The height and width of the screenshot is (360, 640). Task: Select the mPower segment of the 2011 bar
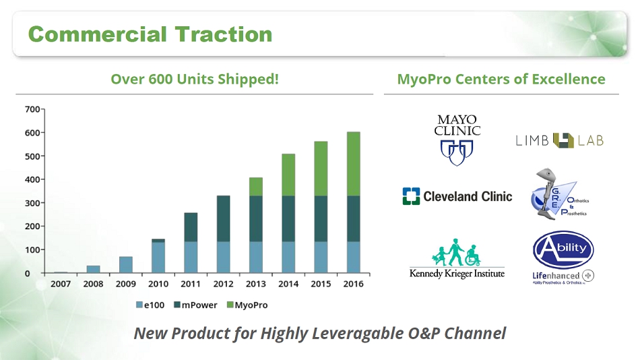(191, 227)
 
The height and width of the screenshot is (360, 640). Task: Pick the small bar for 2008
(93, 270)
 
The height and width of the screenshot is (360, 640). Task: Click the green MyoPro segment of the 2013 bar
(256, 187)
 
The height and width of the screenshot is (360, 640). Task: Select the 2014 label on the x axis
(288, 284)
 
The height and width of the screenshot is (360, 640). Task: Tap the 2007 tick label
(61, 284)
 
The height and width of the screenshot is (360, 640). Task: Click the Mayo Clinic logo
(457, 140)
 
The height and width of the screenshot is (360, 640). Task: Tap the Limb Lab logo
(559, 140)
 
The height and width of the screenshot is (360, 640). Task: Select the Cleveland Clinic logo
(457, 196)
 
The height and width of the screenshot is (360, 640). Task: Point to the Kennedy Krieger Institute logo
(457, 258)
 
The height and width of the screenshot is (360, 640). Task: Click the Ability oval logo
(563, 249)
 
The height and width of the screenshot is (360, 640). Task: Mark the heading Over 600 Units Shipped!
(195, 79)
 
